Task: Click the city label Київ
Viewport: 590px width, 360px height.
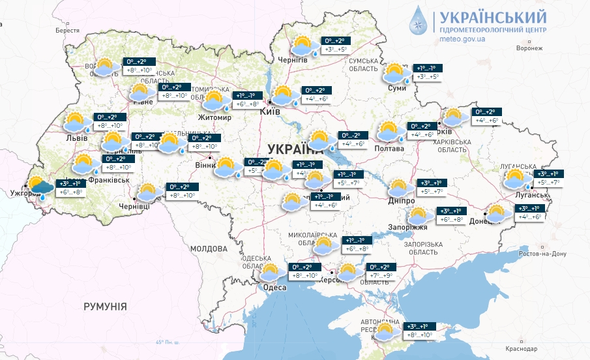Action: pos(270,112)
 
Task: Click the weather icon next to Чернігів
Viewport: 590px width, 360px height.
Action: pos(302,46)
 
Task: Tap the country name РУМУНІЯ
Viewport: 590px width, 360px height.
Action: pos(105,306)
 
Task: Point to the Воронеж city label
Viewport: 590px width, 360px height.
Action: pos(529,48)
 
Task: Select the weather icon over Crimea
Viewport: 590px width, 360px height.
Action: pos(385,331)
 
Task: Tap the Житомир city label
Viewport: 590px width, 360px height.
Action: pos(215,118)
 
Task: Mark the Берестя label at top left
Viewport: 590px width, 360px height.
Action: pos(66,31)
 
